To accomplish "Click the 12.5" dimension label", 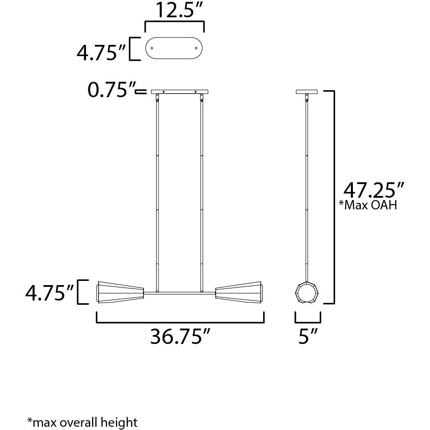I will click(x=175, y=11).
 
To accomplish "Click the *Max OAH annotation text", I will click(x=370, y=205).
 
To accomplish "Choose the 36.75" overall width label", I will click(x=180, y=337).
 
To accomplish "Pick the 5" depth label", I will click(x=308, y=337).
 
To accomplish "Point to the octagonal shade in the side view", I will click(x=307, y=293).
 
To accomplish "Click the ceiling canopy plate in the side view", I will click(x=307, y=92).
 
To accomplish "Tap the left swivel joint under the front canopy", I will click(x=158, y=98).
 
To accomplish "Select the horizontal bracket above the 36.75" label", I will click(x=180, y=322).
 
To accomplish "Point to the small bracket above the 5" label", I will click(x=308, y=322).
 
